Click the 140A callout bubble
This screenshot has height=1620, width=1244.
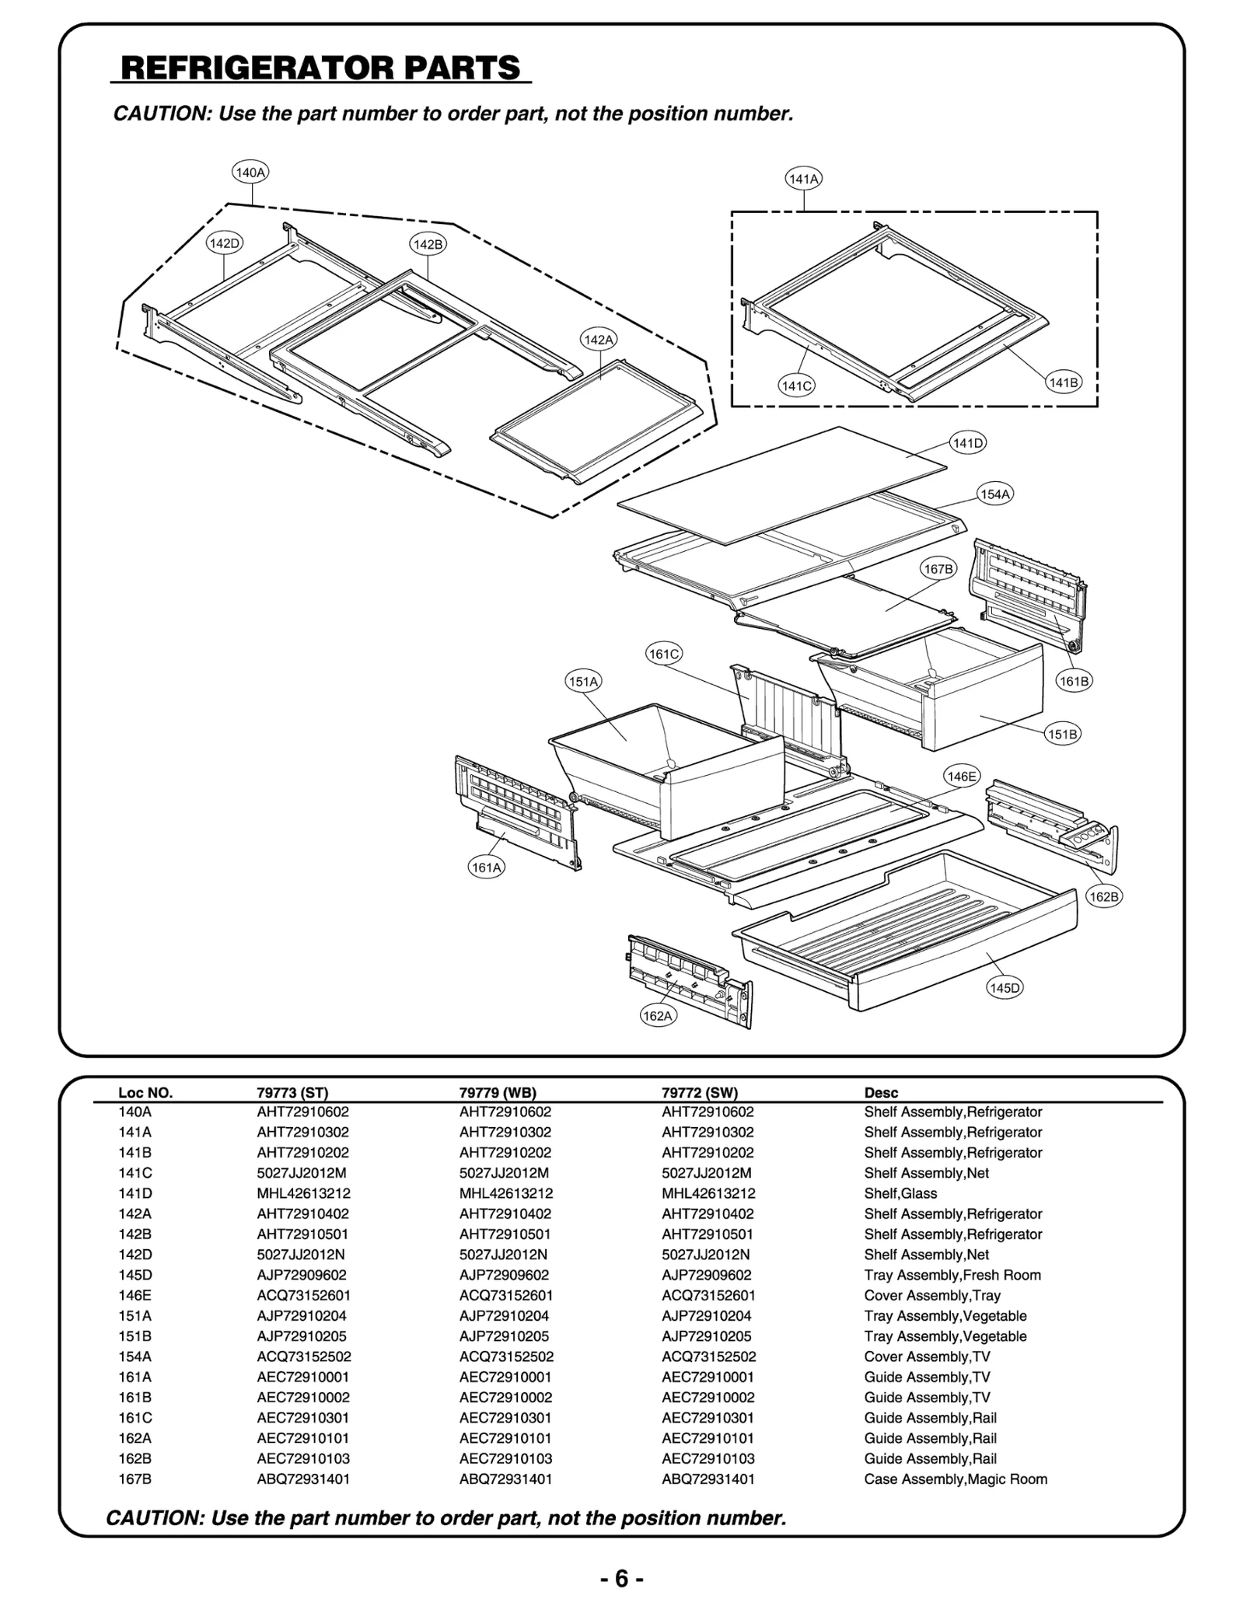pos(250,173)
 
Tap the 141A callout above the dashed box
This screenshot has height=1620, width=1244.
pos(804,179)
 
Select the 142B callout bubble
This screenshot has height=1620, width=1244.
pos(428,244)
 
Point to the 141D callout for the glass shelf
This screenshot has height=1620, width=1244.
pos(968,443)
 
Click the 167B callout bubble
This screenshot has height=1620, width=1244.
pos(938,569)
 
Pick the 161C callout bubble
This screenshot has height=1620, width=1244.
pos(664,654)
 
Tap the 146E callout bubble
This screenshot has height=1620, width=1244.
pos(962,776)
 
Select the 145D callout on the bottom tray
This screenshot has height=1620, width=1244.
pos(1005,987)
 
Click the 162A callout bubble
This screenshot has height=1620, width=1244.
pos(658,1015)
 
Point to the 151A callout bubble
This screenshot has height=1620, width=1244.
pos(583,682)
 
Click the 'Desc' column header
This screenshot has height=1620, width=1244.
pos(881,1092)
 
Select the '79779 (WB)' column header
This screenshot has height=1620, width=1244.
pos(498,1092)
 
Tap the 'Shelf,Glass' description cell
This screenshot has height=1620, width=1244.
pos(900,1193)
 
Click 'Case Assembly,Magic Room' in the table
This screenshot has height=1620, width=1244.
pos(956,1479)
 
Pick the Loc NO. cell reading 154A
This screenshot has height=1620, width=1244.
pos(135,1356)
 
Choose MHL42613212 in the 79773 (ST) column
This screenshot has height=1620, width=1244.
pos(303,1193)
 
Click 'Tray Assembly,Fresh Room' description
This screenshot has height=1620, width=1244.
pos(952,1275)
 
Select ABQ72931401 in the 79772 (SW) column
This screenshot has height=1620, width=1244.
pos(708,1479)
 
